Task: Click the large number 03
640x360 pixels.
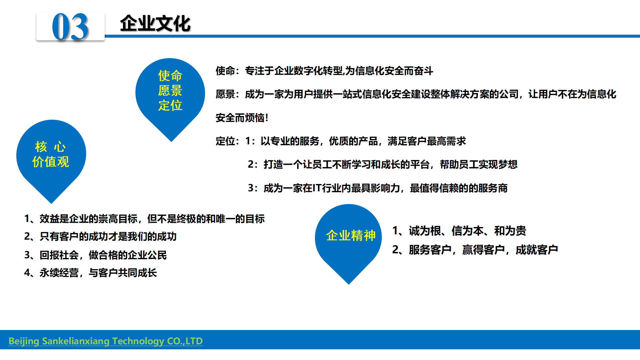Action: click(70, 27)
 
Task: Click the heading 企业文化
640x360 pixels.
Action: click(155, 24)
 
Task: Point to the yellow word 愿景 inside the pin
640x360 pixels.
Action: click(170, 91)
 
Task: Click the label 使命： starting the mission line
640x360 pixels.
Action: click(228, 71)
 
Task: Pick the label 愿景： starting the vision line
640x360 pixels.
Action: click(228, 94)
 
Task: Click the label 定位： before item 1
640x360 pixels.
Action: click(228, 141)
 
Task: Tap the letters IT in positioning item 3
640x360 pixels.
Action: click(317, 188)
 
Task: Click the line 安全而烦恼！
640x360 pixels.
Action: click(242, 118)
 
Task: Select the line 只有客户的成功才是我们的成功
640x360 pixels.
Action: click(100, 236)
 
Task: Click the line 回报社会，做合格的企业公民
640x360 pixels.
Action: click(95, 255)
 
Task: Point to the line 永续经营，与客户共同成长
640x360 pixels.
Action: click(91, 273)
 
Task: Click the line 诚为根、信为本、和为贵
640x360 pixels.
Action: click(459, 231)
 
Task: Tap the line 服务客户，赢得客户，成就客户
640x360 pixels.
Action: click(475, 250)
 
